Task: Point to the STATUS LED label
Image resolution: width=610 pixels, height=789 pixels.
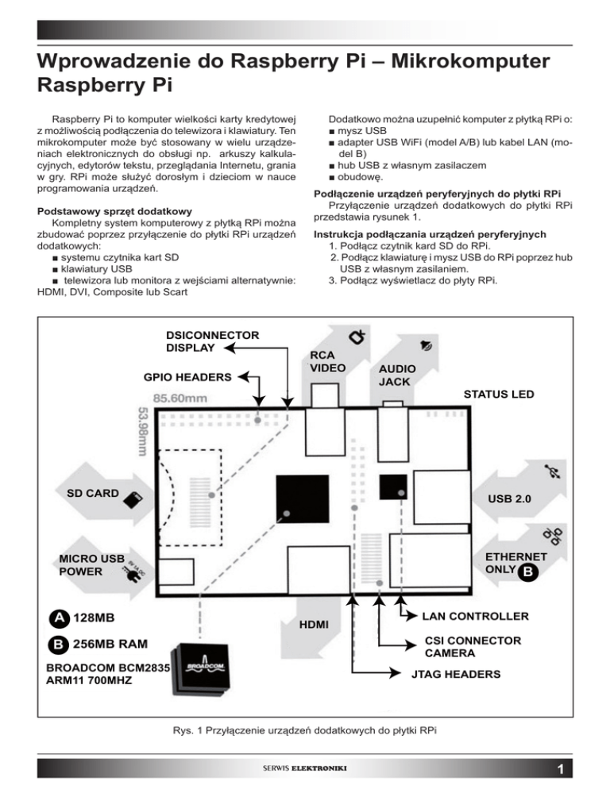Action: click(499, 394)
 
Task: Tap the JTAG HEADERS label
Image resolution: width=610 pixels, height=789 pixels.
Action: click(455, 674)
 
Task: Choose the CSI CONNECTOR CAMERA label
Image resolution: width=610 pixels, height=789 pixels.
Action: click(461, 647)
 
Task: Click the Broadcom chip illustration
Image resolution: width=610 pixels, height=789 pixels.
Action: click(199, 668)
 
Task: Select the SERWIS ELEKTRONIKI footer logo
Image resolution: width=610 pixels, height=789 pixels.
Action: click(304, 768)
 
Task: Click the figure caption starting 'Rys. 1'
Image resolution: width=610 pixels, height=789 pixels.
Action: click(305, 729)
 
